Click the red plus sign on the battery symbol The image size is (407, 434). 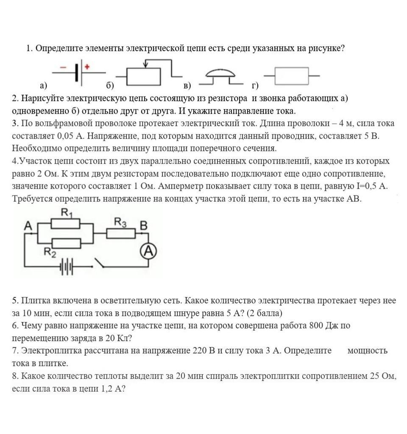[87, 66]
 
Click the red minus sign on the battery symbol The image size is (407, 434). [63, 67]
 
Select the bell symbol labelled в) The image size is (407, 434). [220, 74]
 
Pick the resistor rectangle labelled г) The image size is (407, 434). [292, 76]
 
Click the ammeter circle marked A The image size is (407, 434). [148, 252]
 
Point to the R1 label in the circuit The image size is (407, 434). [67, 213]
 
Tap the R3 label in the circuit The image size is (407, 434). [120, 222]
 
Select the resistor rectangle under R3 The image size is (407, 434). [121, 233]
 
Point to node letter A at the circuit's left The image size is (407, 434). [28, 226]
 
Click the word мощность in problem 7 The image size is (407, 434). [367, 351]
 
